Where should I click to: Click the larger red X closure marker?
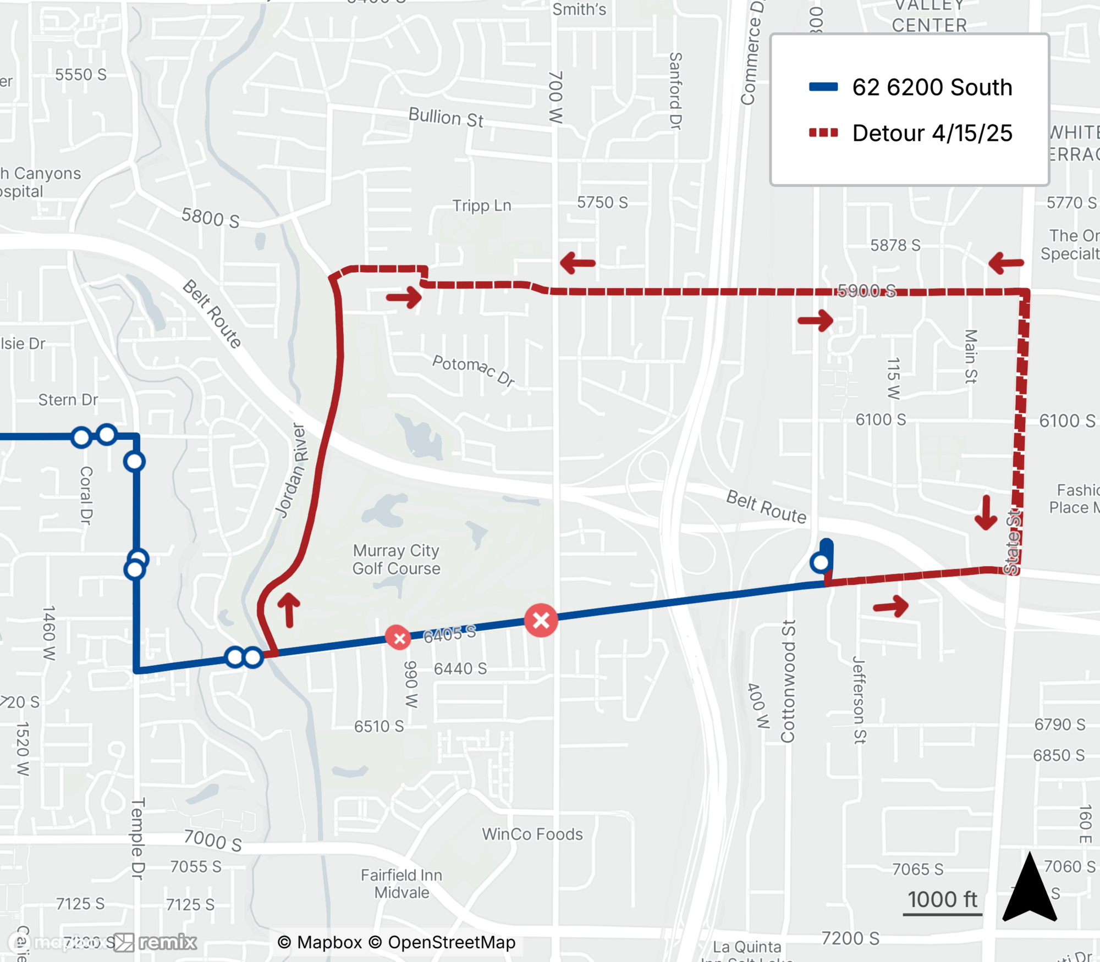tap(541, 620)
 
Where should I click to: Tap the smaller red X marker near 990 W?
tap(399, 638)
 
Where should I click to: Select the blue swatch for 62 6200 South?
tap(823, 87)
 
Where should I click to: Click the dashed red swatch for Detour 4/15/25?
tap(823, 132)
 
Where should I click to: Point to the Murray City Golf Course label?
tap(396, 559)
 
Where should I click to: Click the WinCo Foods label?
tap(532, 834)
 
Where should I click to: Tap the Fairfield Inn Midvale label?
tap(402, 883)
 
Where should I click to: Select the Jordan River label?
tap(291, 471)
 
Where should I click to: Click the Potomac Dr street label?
tap(474, 371)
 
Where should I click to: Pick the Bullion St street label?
tap(446, 117)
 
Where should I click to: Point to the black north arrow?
tap(1030, 888)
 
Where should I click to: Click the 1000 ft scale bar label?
tap(942, 900)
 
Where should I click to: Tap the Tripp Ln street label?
tap(482, 206)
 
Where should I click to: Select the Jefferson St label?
tap(859, 699)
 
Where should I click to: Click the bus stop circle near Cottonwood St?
tap(821, 562)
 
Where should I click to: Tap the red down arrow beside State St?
tap(986, 513)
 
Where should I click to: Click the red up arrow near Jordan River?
tap(289, 610)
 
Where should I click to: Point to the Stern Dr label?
tap(68, 400)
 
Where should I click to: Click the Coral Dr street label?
tap(86, 495)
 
